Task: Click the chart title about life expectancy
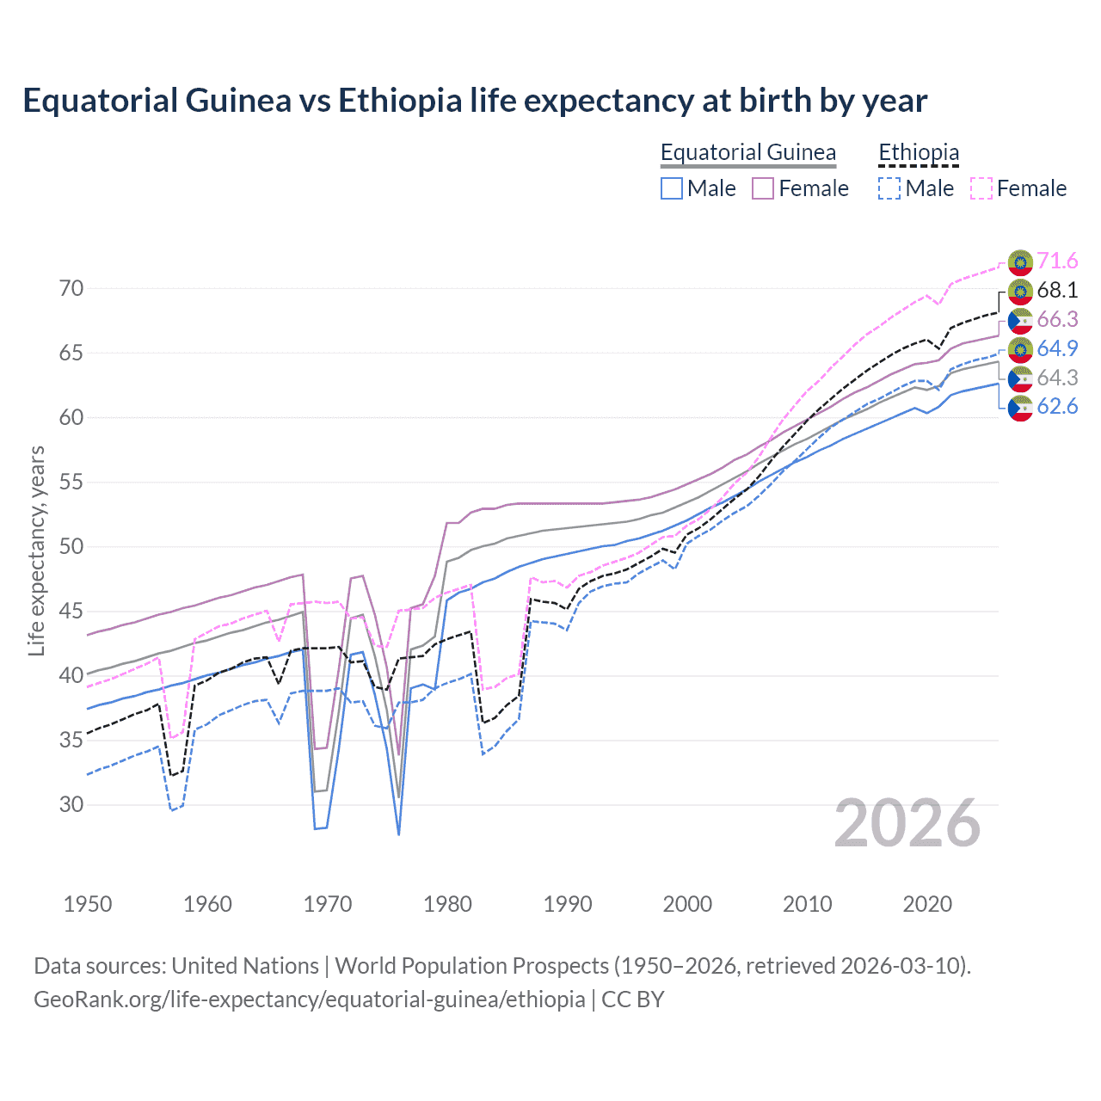pos(475,101)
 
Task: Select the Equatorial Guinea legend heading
pos(747,153)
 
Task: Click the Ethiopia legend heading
pos(918,153)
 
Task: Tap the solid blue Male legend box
pos(672,188)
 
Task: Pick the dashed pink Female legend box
pos(981,188)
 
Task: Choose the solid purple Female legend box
pos(763,188)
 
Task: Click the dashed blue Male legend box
pos(889,188)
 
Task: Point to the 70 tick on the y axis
pos(71,288)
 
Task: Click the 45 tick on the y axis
pos(71,611)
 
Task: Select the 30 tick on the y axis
pos(71,804)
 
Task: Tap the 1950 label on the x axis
pos(88,904)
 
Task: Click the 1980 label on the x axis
pos(447,904)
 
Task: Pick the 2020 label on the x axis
pos(927,904)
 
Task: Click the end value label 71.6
pos(1057,261)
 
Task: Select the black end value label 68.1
pos(1057,290)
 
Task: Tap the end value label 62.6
pos(1057,407)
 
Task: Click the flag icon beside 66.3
pos(1020,320)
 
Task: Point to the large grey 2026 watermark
pos(907,823)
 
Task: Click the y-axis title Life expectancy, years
pos(36,550)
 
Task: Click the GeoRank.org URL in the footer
pos(310,1000)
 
